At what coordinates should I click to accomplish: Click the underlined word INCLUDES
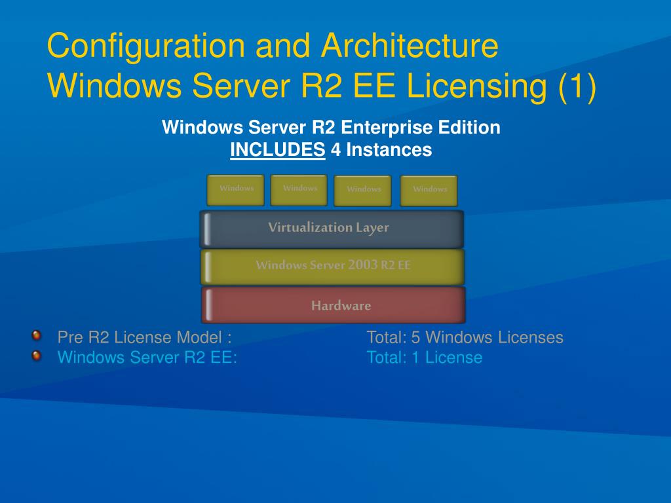[278, 150]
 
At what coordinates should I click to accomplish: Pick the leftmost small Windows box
[236, 190]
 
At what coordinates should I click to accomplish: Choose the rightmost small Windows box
[429, 191]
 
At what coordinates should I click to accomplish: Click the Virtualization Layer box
[332, 229]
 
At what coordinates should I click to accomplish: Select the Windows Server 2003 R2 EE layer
[333, 266]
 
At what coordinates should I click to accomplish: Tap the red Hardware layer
[334, 305]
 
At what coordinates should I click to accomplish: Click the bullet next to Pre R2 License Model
[37, 336]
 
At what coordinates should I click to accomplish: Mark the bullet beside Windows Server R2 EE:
[37, 356]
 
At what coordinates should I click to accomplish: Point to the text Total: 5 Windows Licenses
[465, 337]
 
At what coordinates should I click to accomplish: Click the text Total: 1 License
[424, 358]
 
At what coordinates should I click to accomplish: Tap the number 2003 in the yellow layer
[363, 265]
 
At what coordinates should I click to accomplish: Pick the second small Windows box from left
[299, 190]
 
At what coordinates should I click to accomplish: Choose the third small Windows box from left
[363, 191]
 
